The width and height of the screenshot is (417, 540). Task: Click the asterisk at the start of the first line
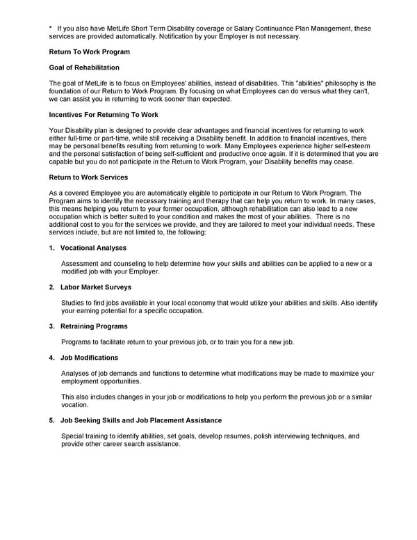[51, 29]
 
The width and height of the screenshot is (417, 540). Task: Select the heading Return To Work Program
[89, 52]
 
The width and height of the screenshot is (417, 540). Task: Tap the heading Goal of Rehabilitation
[84, 67]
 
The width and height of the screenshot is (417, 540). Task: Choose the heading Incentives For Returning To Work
[104, 114]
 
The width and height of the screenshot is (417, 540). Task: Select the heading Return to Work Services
[88, 177]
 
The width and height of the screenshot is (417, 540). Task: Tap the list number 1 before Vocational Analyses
[51, 248]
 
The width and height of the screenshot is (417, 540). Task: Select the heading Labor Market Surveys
[96, 287]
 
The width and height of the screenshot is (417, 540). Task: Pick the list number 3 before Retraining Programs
[51, 326]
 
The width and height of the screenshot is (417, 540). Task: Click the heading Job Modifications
[89, 358]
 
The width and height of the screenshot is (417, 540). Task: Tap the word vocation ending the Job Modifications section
[74, 404]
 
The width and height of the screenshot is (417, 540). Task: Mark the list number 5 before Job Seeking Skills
[51, 420]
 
